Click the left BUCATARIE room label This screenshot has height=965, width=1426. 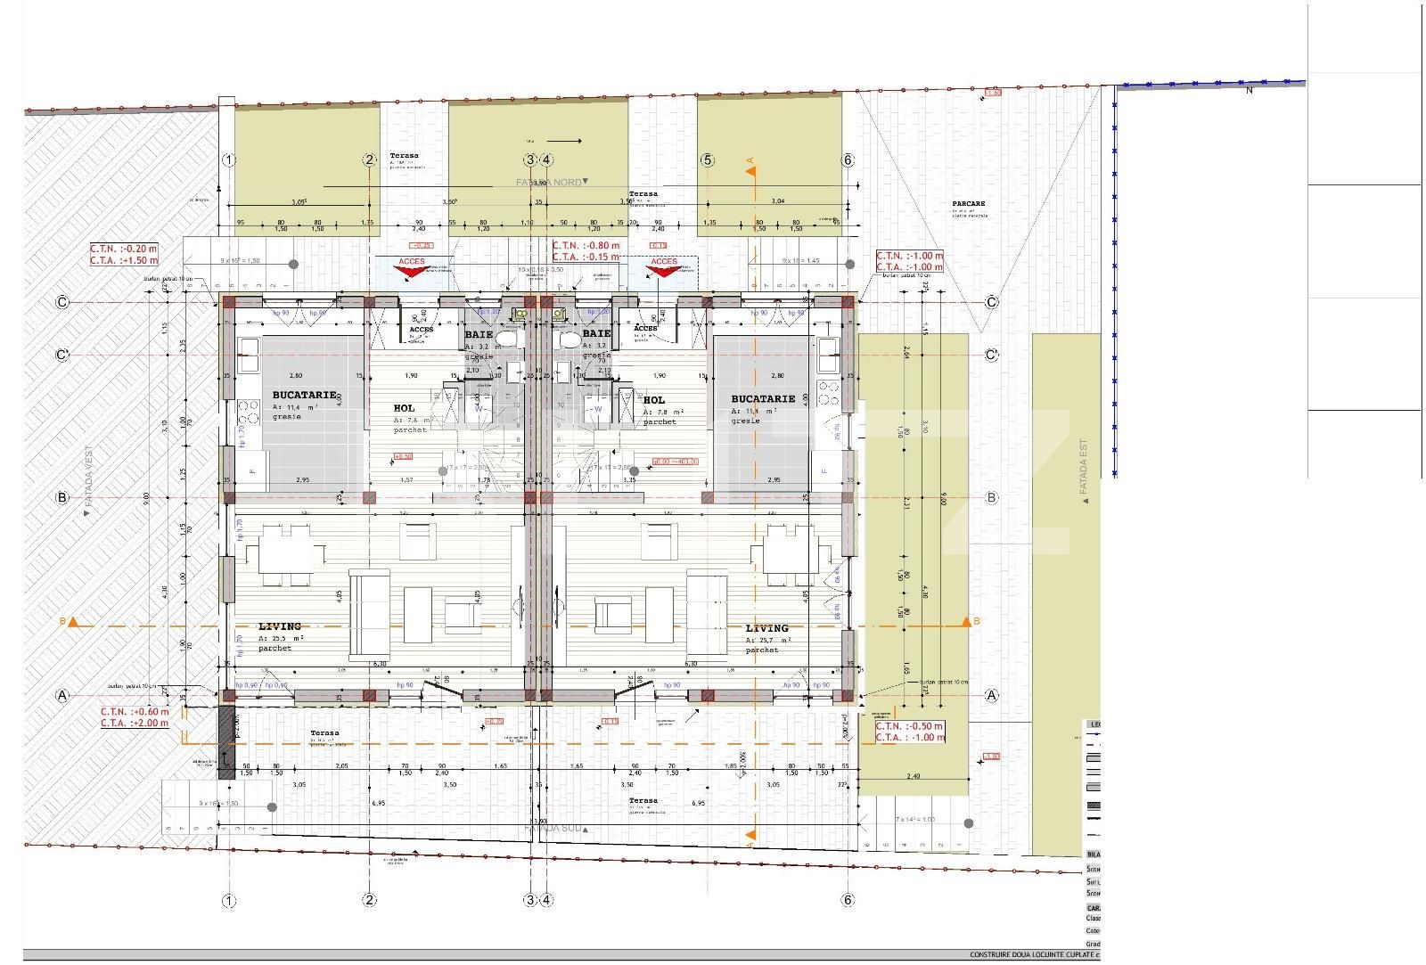(304, 394)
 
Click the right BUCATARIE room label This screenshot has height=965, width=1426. (762, 399)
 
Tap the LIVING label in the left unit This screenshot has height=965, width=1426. (280, 626)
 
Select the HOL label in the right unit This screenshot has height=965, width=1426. (653, 401)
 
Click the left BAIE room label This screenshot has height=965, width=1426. (479, 334)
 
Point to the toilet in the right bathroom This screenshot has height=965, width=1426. (568, 339)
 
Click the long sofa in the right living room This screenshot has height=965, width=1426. (701, 615)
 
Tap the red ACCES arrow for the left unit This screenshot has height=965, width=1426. (412, 270)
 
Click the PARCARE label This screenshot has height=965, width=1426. (968, 203)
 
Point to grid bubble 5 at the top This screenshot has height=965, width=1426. (707, 160)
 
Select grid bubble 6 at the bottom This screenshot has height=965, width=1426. (848, 900)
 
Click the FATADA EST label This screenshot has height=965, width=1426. (1084, 467)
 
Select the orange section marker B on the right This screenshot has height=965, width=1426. (967, 621)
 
